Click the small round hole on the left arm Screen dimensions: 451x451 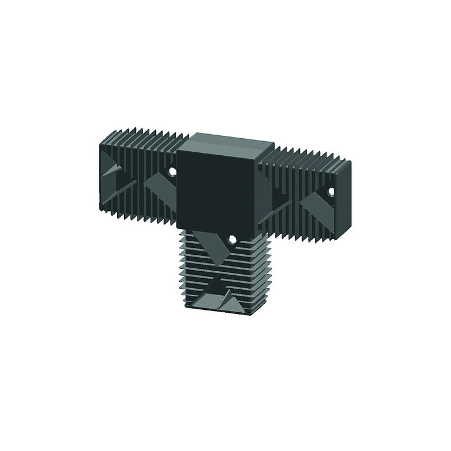click(x=173, y=171)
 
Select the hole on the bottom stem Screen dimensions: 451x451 click(x=232, y=239)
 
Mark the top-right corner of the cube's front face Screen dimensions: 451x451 click(x=257, y=156)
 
